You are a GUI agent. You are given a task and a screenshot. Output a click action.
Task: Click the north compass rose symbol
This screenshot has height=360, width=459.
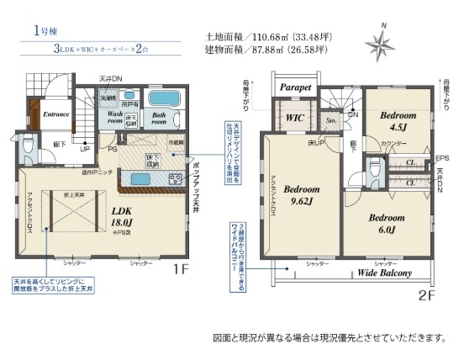coord(380,44)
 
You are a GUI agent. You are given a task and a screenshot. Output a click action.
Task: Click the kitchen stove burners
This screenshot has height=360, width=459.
coord(175,178)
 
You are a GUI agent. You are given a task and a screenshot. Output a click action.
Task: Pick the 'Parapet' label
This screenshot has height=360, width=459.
coord(295,87)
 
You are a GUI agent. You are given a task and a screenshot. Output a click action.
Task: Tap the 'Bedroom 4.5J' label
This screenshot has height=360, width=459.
coord(398,121)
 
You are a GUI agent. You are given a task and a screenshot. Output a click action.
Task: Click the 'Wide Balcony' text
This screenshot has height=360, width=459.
coord(385,273)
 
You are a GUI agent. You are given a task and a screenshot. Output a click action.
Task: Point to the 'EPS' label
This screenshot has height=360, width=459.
coord(442,158)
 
